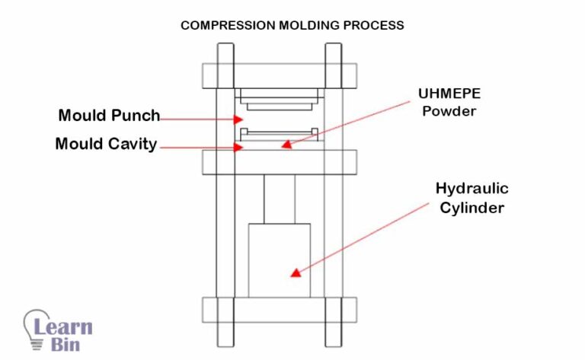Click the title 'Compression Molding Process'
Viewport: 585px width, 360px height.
pyautogui.click(x=292, y=25)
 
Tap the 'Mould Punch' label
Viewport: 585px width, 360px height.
pyautogui.click(x=109, y=116)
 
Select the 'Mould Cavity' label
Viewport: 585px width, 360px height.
pyautogui.click(x=106, y=143)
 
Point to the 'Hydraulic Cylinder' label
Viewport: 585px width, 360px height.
pyautogui.click(x=472, y=197)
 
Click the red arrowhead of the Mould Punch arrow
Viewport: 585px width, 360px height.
pyautogui.click(x=239, y=119)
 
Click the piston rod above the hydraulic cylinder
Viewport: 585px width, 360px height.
pyautogui.click(x=279, y=199)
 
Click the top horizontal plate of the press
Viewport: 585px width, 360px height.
pyautogui.click(x=279, y=75)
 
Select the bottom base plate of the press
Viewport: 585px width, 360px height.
pyautogui.click(x=279, y=309)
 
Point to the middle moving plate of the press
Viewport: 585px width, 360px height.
pyautogui.click(x=279, y=162)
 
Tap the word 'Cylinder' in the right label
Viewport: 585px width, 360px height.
pyautogui.click(x=472, y=206)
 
